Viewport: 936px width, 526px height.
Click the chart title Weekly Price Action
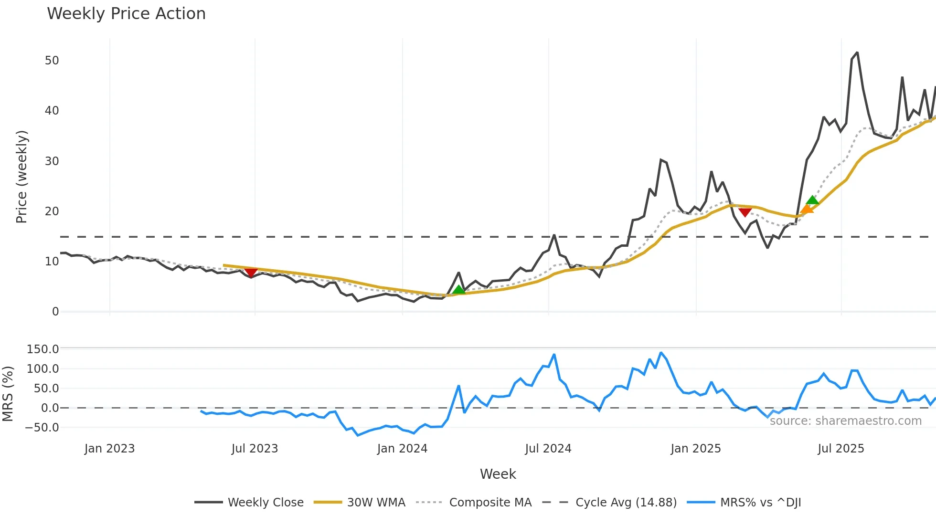(126, 13)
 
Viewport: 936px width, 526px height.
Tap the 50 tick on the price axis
(52, 61)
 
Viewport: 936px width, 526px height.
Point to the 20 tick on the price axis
(52, 211)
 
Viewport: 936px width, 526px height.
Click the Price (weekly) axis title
(21, 177)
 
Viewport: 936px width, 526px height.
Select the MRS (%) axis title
(8, 394)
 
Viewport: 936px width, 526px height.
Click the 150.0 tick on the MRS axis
(43, 349)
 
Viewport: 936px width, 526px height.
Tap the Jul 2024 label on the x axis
(548, 449)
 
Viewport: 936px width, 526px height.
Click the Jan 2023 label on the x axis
(109, 449)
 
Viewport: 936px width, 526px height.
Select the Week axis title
(498, 474)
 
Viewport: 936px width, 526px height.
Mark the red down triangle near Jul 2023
(251, 272)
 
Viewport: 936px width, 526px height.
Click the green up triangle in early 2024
(458, 290)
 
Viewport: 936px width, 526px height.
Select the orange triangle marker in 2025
(807, 209)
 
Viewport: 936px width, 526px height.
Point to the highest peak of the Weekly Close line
(857, 53)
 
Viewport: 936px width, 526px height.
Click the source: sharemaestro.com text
(845, 421)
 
